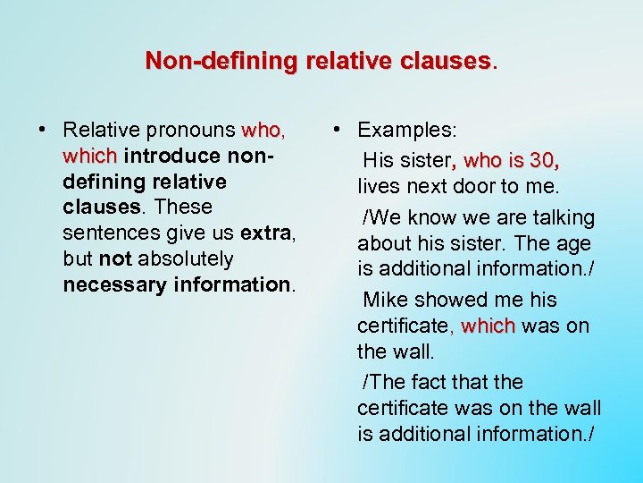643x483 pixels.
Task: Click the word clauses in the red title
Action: pyautogui.click(x=447, y=61)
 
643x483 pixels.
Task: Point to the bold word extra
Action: pyautogui.click(x=266, y=233)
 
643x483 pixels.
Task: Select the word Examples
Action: pyautogui.click(x=406, y=131)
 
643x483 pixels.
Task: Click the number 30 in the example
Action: pyautogui.click(x=541, y=161)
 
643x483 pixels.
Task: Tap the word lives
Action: pyautogui.click(x=380, y=187)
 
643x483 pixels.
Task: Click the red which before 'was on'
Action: pyautogui.click(x=488, y=326)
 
